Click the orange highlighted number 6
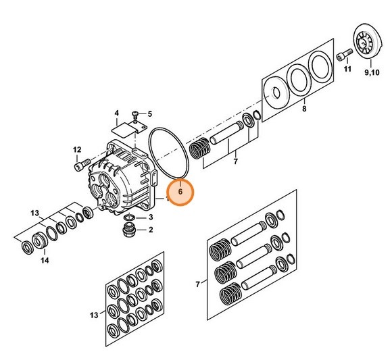click(x=180, y=192)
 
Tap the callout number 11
click(x=347, y=69)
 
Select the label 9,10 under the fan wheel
click(x=372, y=72)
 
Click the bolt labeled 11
click(x=344, y=55)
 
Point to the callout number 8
click(x=304, y=109)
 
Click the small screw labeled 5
click(x=135, y=115)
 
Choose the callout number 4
click(x=117, y=113)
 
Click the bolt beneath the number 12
click(x=82, y=165)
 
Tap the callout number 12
click(x=77, y=150)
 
